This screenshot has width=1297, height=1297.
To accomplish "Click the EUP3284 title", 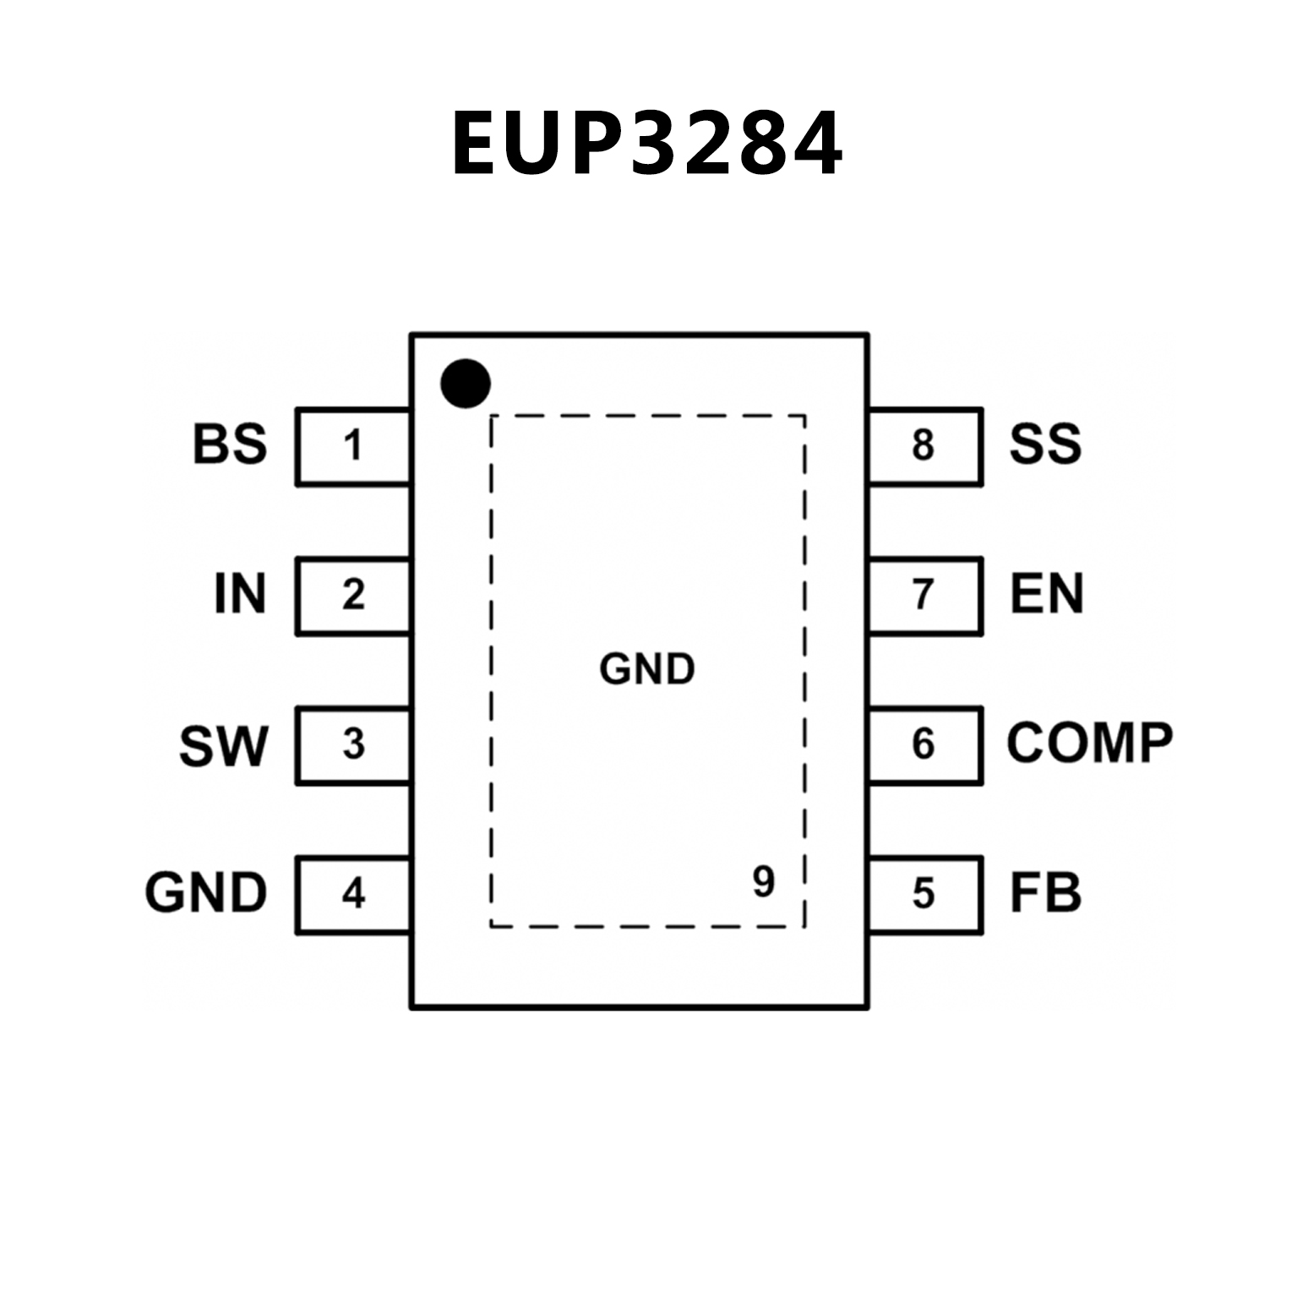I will (647, 144).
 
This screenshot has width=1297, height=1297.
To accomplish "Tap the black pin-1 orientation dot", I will (466, 383).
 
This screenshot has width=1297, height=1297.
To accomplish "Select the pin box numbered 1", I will (353, 446).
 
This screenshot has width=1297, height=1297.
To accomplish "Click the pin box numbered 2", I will (353, 595).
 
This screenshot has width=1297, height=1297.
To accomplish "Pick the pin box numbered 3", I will (353, 744).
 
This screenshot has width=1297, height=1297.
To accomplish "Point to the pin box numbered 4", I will (353, 894).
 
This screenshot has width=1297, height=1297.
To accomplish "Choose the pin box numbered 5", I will (924, 894).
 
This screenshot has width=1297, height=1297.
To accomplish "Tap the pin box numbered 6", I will (924, 744).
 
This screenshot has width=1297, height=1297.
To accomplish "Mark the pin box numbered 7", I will (924, 595).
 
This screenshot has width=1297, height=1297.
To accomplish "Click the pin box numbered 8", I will (924, 446).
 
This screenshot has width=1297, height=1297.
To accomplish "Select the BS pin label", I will (230, 444).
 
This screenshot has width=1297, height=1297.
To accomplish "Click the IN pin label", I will (240, 594).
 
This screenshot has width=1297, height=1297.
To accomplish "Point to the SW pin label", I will (223, 746).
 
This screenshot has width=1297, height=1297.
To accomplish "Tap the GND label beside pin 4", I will (206, 893).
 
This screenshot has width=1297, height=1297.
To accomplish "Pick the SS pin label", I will (1045, 444).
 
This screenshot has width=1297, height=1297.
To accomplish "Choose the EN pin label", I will (1046, 594).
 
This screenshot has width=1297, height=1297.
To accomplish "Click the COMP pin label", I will (1089, 744).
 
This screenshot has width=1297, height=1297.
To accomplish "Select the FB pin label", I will (1045, 893).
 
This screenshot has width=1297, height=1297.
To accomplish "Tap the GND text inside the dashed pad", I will (647, 669).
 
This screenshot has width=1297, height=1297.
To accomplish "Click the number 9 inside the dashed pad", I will (763, 882).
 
